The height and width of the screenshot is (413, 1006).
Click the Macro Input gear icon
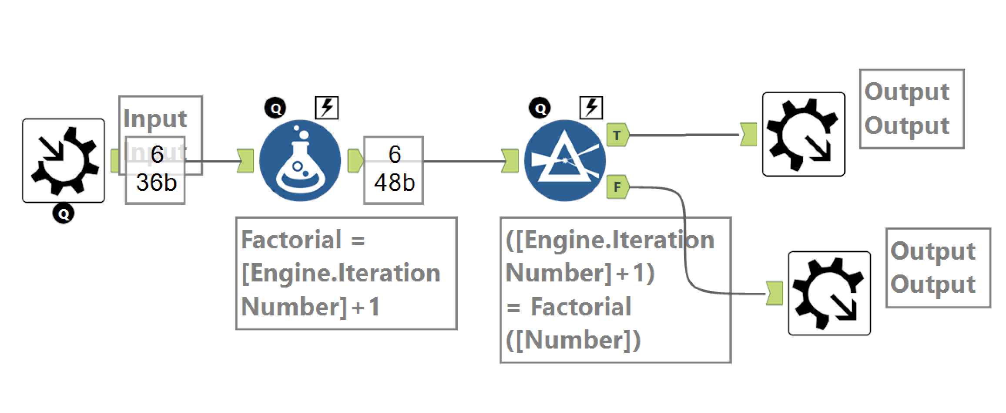64,161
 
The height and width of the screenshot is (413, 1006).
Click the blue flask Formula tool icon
300,161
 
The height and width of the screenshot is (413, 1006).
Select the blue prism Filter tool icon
565,161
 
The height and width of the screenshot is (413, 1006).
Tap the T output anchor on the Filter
617,135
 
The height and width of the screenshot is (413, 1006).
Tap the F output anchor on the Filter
617,187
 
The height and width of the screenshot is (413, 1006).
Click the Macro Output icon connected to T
804,134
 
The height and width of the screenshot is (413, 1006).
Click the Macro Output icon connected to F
829,293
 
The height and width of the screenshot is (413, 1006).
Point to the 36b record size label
156,183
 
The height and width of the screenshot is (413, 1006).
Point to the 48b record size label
394,183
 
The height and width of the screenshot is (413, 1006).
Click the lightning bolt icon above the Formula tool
327,108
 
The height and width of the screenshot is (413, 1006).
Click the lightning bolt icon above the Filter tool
591,108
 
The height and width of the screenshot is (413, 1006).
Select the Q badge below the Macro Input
64,214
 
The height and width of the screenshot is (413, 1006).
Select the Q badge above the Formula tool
275,108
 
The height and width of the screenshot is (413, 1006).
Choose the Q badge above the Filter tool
540,108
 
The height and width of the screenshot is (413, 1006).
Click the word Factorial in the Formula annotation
291,240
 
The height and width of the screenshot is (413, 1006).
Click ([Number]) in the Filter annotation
573,340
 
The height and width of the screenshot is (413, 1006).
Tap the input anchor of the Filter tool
510,161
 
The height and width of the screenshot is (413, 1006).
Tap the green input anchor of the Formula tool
245,161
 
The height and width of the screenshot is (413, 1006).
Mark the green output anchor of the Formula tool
355,161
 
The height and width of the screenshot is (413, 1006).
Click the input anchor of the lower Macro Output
774,293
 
